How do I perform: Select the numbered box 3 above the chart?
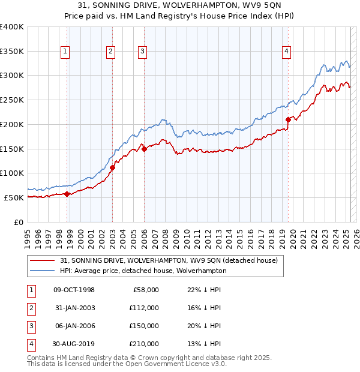[x=142, y=52]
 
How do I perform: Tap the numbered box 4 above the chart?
[x=287, y=52]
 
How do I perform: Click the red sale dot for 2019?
[x=288, y=119]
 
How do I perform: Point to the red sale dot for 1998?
[x=67, y=193]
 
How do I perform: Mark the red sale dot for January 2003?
[x=112, y=167]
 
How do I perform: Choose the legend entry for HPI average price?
[x=143, y=271]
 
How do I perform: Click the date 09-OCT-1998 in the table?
[x=74, y=290]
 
